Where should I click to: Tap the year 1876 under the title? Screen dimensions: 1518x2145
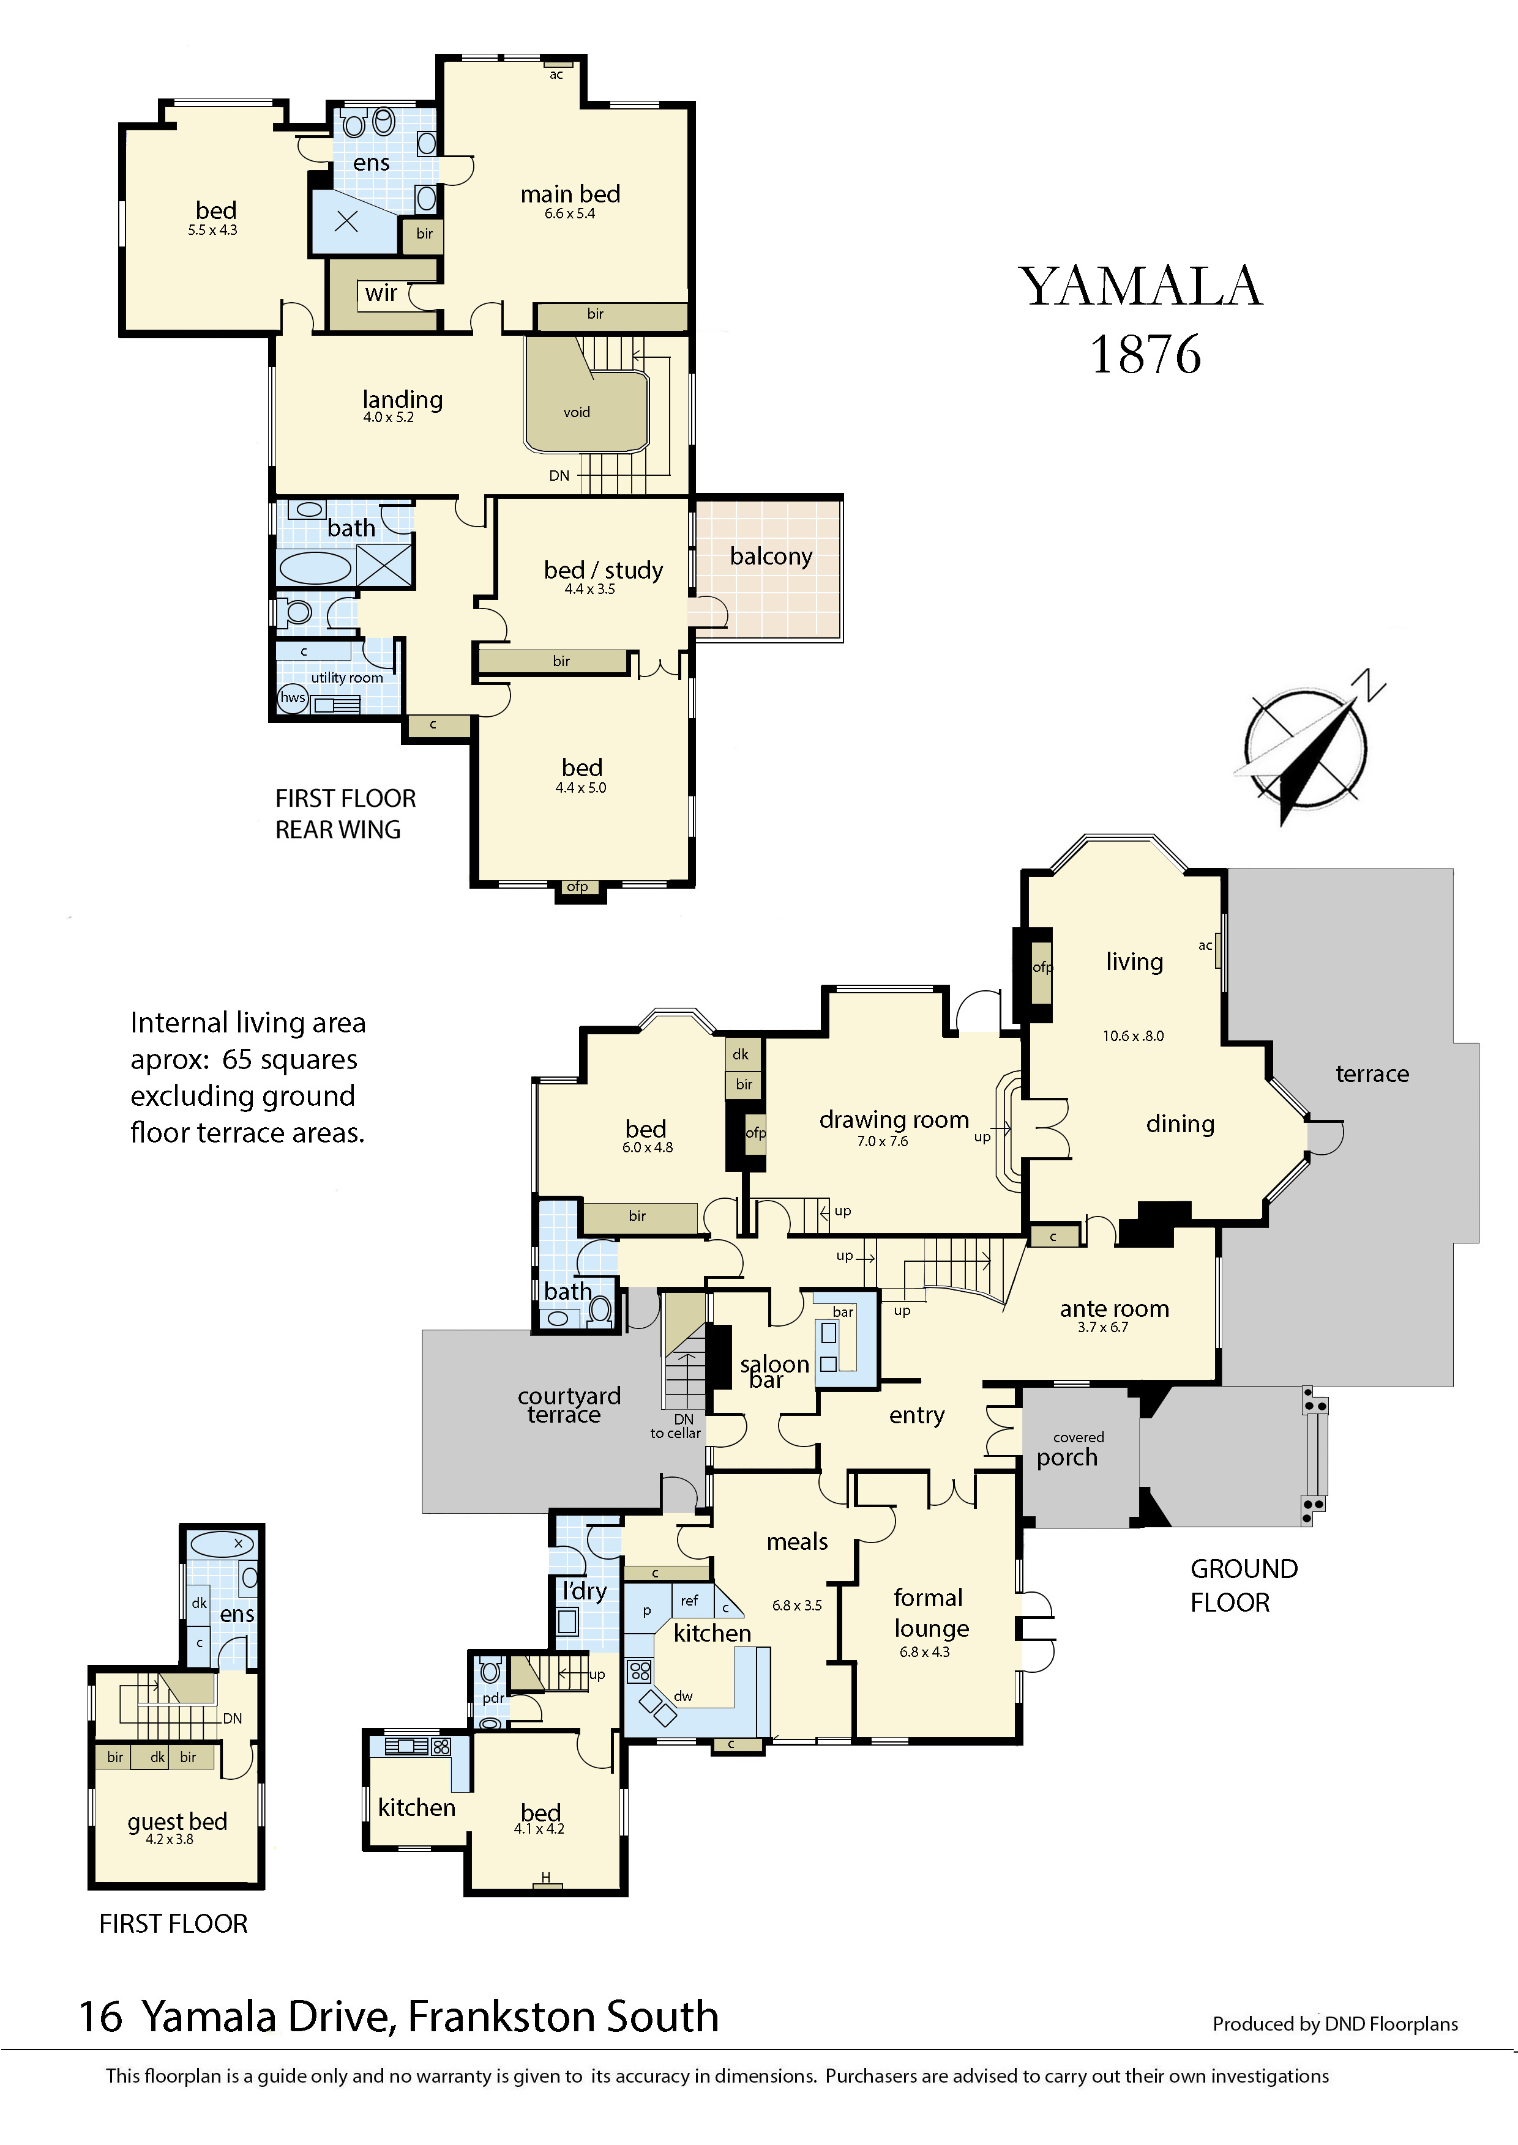coord(1145,354)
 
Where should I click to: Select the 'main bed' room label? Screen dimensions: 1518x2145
coord(570,194)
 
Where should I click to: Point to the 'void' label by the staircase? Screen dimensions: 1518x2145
coord(577,412)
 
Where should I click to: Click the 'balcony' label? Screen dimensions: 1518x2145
coord(771,557)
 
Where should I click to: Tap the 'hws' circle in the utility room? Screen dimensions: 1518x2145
coord(293,697)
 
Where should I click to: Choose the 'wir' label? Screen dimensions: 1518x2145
coord(381,294)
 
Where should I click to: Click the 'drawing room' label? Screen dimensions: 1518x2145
coord(894,1119)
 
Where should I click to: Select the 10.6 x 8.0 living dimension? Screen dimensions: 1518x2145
coord(1133,1036)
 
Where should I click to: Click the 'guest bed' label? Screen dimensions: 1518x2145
coord(178,1822)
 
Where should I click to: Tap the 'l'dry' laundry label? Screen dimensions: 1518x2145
coord(584,1590)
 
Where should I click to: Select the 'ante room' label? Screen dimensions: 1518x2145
coord(1114,1309)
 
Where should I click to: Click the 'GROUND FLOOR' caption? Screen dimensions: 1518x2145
coord(1243,1585)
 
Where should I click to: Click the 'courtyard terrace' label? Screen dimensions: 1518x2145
coord(568,1405)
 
